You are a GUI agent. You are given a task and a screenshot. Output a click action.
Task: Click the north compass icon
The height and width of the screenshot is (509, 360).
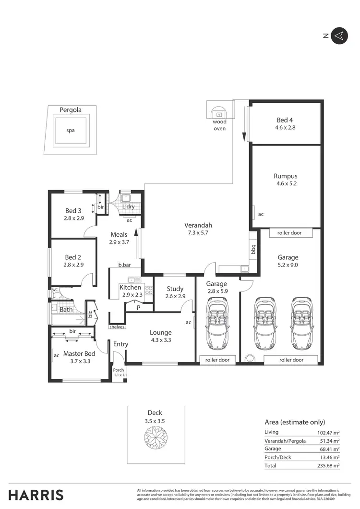339,36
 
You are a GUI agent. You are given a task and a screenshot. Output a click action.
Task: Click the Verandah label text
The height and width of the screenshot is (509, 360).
198,225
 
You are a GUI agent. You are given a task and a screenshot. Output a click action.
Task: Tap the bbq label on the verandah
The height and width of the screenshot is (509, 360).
253,250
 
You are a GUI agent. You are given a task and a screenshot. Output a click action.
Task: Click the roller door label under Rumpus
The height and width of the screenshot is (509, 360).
289,233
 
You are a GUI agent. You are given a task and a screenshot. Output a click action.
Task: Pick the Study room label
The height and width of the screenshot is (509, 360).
175,289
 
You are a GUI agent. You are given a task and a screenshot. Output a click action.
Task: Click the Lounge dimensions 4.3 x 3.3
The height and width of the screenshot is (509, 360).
160,340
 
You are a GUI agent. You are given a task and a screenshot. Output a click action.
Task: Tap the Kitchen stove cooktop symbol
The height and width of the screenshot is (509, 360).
148,291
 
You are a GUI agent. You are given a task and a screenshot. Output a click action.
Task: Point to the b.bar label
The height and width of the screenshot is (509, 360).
125,265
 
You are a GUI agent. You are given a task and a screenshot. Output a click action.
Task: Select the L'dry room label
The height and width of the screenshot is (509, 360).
128,206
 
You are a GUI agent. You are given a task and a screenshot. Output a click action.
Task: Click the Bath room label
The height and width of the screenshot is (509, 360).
66,310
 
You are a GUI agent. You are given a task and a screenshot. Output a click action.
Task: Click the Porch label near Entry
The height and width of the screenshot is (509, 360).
119,370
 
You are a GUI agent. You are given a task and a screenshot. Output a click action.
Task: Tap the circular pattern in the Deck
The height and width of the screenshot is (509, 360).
156,436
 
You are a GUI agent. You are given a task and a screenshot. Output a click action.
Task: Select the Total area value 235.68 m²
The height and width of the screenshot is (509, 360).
329,466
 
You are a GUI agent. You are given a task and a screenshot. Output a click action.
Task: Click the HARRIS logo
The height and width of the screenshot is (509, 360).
36,495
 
